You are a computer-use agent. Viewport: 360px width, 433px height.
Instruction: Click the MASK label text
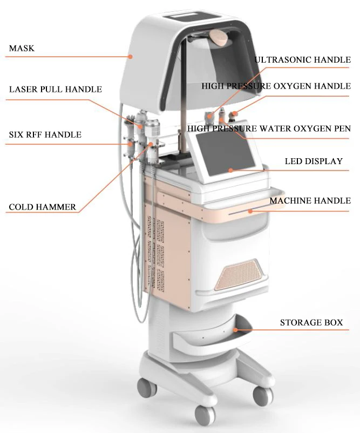(22, 49)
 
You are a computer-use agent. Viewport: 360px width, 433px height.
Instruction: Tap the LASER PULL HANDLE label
(55, 89)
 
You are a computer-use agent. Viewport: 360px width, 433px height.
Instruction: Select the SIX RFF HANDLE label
(45, 134)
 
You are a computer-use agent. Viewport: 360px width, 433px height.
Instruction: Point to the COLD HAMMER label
(42, 207)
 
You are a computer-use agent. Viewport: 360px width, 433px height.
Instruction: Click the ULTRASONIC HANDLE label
(302, 60)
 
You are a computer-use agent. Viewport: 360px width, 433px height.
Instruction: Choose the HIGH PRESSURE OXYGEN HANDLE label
(276, 86)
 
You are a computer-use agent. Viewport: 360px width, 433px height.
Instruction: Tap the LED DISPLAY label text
(314, 161)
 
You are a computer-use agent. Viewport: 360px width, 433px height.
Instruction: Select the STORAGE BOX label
(311, 323)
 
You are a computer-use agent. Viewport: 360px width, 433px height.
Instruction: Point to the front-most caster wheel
(205, 415)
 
